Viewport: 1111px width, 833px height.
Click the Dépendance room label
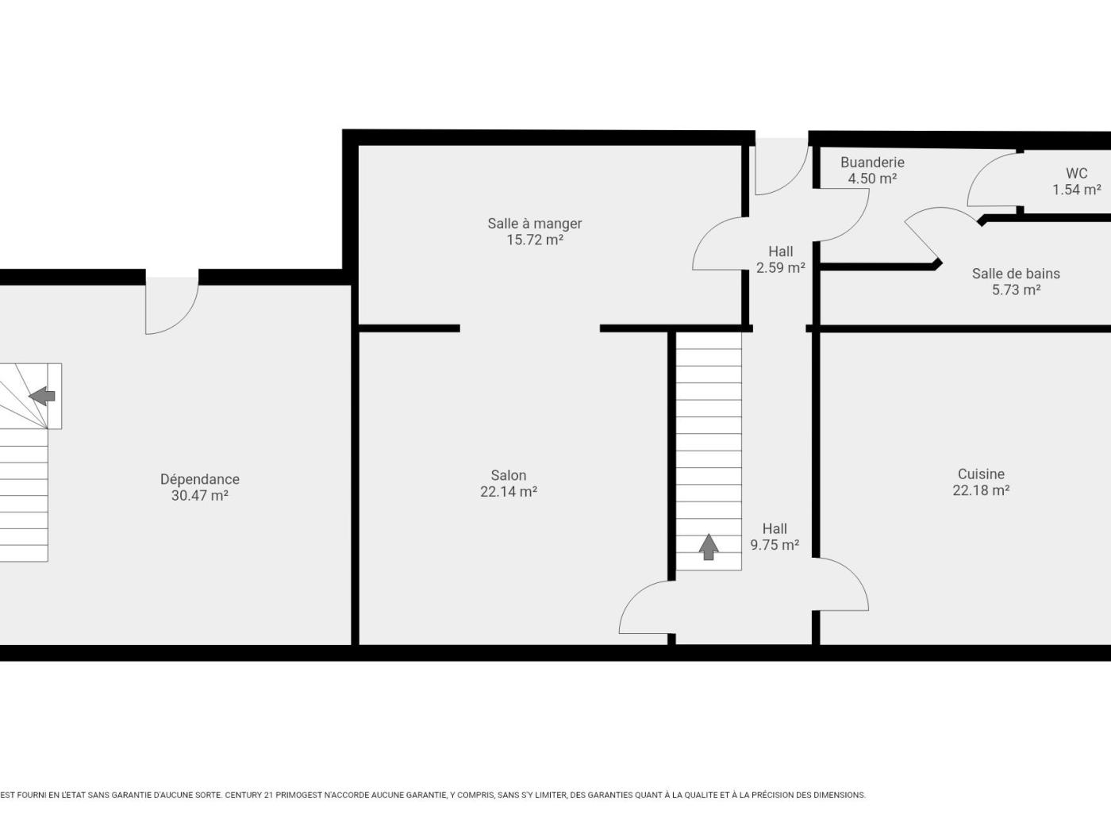tap(200, 479)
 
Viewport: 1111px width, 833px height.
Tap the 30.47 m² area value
tap(200, 496)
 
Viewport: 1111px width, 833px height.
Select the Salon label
tap(509, 475)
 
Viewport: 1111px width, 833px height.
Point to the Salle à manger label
tap(535, 224)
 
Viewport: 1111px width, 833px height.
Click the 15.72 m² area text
tap(535, 240)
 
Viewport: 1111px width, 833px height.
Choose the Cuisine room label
tap(981, 474)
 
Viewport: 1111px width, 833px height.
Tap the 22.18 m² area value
tap(981, 490)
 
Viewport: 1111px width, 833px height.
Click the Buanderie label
tap(872, 163)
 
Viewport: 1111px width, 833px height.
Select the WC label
tap(1077, 174)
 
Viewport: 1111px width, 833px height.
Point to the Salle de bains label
tap(1016, 274)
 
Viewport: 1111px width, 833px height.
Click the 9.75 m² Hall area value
tap(775, 545)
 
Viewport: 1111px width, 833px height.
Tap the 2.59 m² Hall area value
tap(781, 267)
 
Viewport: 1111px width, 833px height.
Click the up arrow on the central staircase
tap(709, 547)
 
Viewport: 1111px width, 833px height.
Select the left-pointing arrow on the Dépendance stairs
tap(42, 396)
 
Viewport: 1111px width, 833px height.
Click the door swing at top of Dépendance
tap(183, 320)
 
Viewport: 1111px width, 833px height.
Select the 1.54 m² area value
tap(1077, 190)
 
